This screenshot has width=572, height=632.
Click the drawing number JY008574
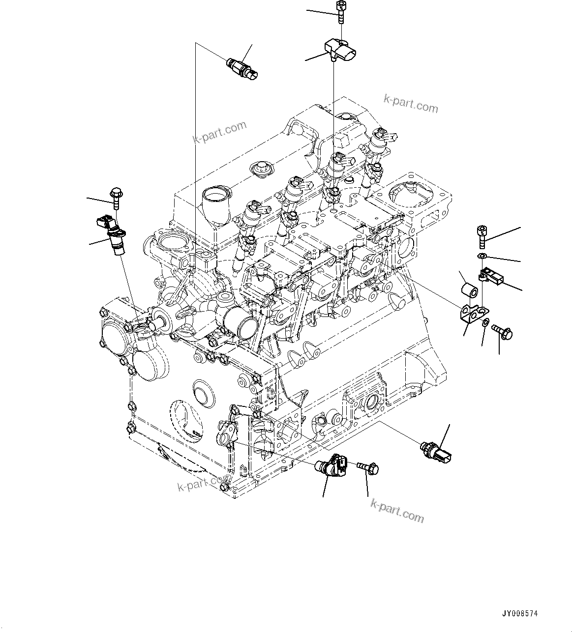tap(519, 614)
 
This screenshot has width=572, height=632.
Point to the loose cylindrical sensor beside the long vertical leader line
tap(242, 69)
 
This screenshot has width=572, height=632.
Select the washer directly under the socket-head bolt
tap(482, 257)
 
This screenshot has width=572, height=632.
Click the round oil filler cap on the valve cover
tap(260, 169)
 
